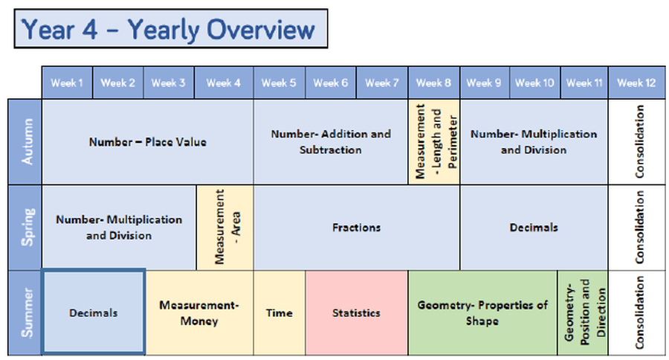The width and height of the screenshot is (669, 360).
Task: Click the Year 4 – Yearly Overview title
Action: coord(171,28)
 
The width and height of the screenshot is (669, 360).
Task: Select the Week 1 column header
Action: coord(67,83)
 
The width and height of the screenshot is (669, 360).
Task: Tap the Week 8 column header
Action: coord(434,83)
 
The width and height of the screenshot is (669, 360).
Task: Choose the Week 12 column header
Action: coord(636,83)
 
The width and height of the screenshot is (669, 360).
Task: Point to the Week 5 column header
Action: coord(279,83)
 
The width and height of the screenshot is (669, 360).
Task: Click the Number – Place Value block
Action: coord(148,142)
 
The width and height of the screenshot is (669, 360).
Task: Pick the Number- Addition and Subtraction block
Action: coord(331,142)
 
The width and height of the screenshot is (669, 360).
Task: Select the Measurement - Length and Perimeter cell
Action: coord(434,142)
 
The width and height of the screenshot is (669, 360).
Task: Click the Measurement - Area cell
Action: coord(224,227)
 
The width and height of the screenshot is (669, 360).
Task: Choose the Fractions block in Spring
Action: coord(357,227)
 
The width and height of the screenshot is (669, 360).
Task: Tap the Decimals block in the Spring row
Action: coord(534,227)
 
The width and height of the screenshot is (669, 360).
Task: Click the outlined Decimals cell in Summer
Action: coord(94,312)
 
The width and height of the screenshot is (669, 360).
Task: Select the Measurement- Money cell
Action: coord(199,312)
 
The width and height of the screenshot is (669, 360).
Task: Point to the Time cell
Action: coord(279,312)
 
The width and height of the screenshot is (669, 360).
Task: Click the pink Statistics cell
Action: coord(357,312)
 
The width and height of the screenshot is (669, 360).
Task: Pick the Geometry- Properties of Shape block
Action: coord(482,312)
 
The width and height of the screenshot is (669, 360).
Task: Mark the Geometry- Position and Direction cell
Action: coord(583,312)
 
